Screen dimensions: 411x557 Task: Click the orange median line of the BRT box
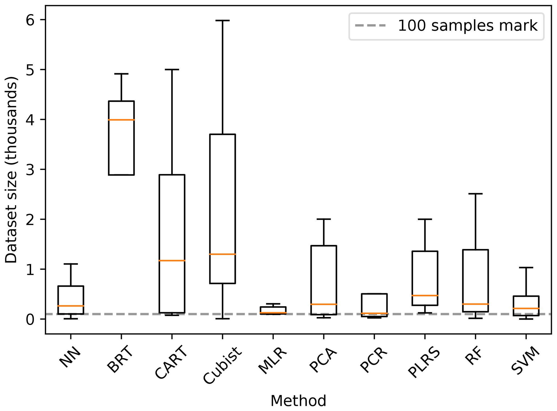pos(121,120)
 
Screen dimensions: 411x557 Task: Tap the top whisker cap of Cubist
pos(223,20)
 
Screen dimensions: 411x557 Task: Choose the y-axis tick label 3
pos(30,169)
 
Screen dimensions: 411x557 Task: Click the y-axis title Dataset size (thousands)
pos(11,170)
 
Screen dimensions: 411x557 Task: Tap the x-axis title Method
pos(298,401)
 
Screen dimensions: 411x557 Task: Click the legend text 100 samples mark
pos(468,26)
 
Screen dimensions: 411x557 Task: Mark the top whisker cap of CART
pos(172,69)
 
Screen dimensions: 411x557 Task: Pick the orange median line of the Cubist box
pos(223,254)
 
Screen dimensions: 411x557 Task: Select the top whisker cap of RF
pos(476,194)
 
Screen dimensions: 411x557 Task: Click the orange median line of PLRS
pos(425,295)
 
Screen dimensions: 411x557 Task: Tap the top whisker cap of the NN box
pos(71,264)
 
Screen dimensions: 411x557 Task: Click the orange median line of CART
pos(172,260)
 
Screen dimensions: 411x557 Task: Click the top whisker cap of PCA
pos(324,219)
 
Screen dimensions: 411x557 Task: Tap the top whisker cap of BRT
pos(121,74)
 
